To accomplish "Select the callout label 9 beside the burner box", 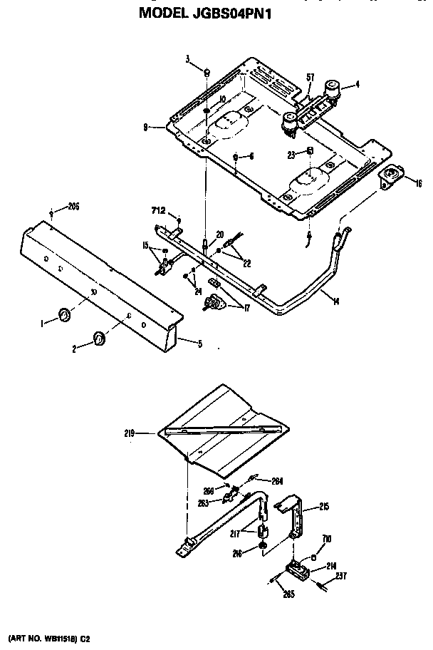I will click(145, 128).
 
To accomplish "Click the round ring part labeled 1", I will click(63, 315).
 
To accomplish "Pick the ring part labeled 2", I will click(98, 337).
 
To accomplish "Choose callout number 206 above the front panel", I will click(72, 207).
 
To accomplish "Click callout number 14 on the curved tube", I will click(335, 301).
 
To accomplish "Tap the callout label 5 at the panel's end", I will click(199, 344).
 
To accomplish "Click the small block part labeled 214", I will click(297, 569).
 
